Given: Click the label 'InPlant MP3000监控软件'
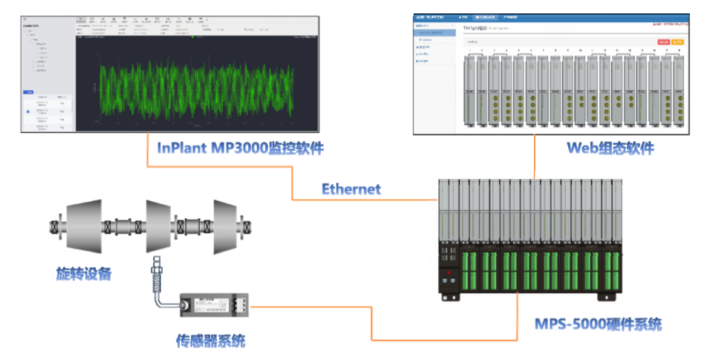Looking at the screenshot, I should click(x=241, y=148).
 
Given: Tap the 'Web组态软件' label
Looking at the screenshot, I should click(x=610, y=148).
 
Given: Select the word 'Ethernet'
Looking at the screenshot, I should click(x=351, y=189).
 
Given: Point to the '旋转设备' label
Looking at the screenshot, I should click(x=84, y=273).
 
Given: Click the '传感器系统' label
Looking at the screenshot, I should click(x=210, y=341).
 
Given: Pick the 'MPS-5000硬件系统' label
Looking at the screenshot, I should click(x=598, y=324).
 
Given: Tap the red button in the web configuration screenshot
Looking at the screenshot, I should click(x=662, y=42).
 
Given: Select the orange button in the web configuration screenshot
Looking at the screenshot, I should click(x=677, y=42).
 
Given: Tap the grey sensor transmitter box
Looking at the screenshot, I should click(x=215, y=304).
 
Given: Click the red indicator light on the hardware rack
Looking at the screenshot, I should click(x=448, y=273).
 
